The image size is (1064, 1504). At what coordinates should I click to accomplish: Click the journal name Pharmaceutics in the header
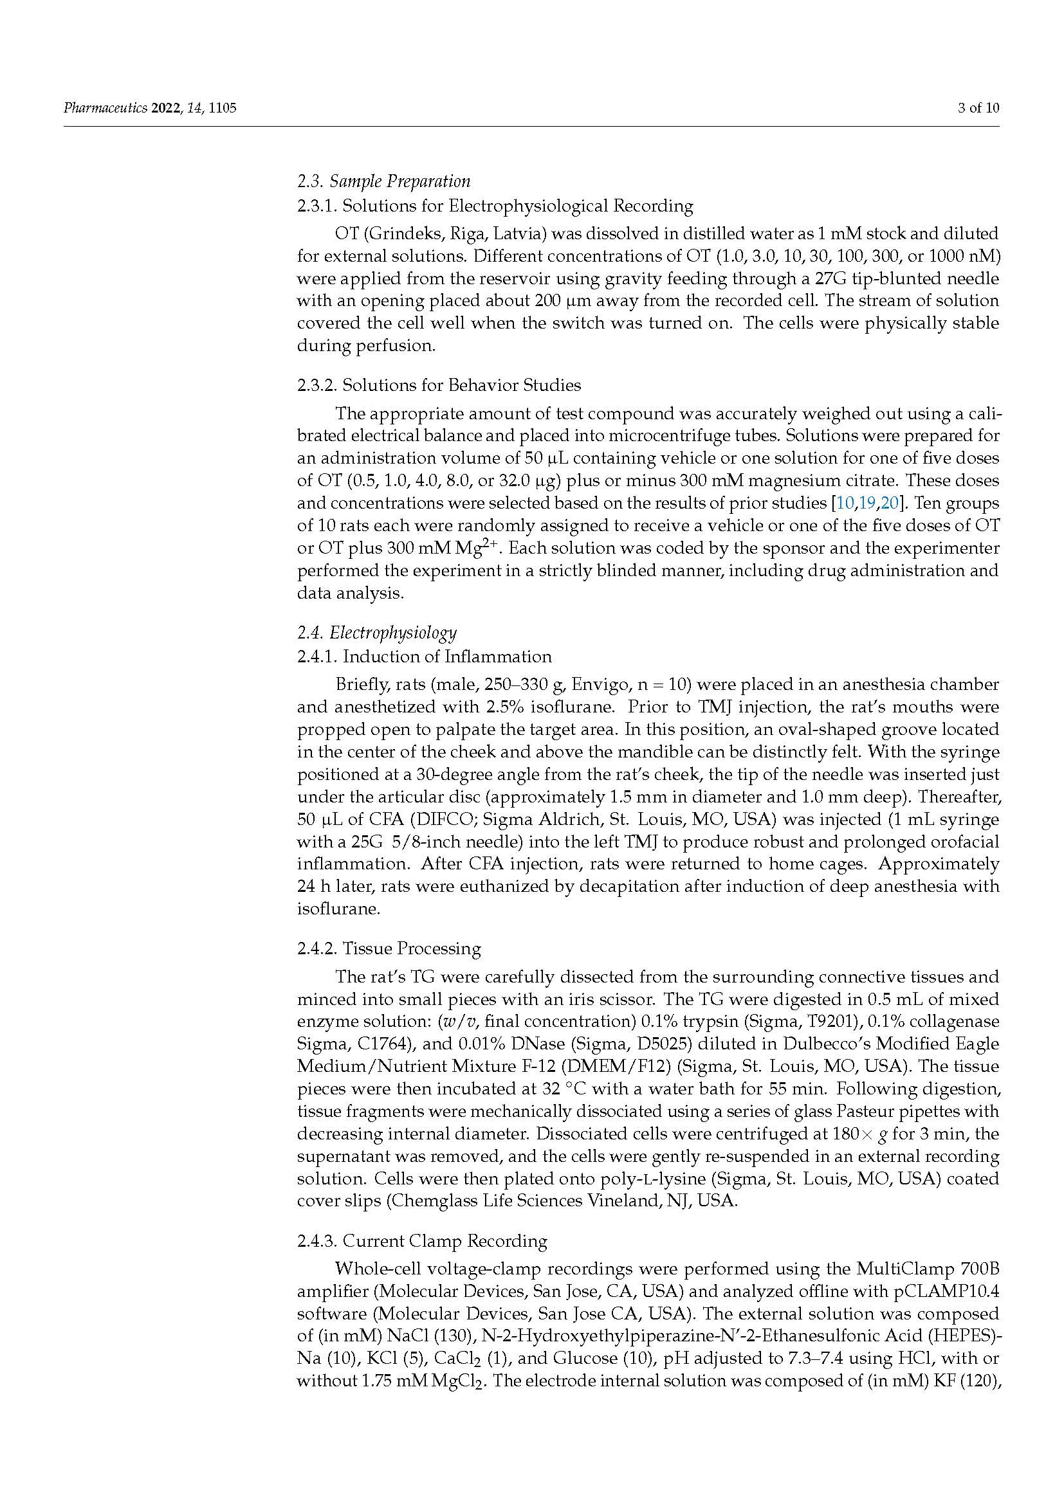pyautogui.click(x=105, y=108)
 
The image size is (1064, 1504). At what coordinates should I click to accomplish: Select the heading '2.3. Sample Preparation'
pyautogui.click(x=383, y=181)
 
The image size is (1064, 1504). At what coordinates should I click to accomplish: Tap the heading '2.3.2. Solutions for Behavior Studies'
pyautogui.click(x=438, y=385)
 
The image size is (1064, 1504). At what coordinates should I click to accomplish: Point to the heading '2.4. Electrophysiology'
pyautogui.click(x=377, y=632)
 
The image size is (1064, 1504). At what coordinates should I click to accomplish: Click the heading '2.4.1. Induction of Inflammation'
pyautogui.click(x=424, y=657)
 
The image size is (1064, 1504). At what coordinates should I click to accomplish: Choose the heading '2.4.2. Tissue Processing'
pyautogui.click(x=389, y=948)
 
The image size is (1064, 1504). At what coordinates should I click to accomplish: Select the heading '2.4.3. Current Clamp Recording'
pyautogui.click(x=422, y=1240)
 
